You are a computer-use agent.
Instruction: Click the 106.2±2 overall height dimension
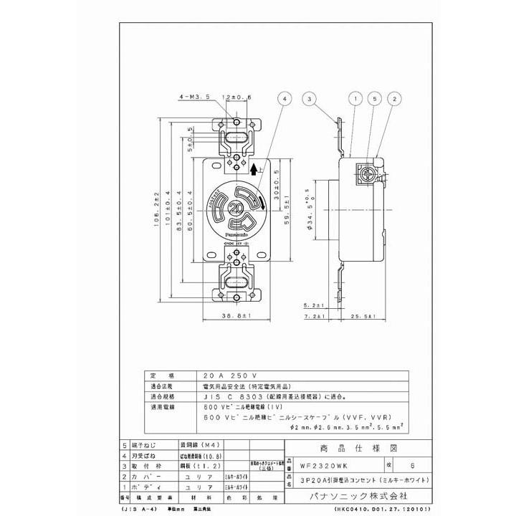(x=156, y=208)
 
